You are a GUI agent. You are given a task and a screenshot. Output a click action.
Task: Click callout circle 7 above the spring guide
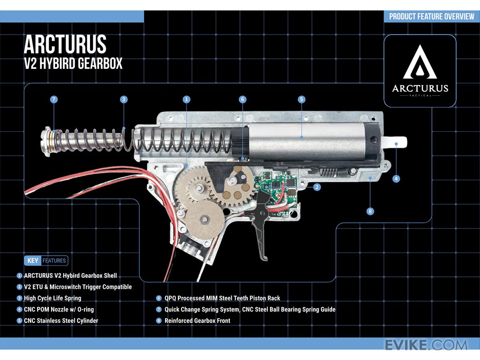pyautogui.click(x=54, y=100)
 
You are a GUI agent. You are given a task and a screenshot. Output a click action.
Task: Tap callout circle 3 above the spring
pyautogui.click(x=124, y=100)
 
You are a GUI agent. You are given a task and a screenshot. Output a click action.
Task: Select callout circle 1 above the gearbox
pyautogui.click(x=186, y=100)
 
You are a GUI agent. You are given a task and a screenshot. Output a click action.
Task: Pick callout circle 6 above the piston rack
pyautogui.click(x=242, y=100)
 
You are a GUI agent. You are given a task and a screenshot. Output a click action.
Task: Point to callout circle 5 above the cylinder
pyautogui.click(x=302, y=100)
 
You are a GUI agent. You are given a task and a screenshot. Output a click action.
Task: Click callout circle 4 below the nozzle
pyautogui.click(x=396, y=178)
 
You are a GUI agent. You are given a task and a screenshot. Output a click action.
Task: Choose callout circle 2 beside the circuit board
pyautogui.click(x=317, y=187)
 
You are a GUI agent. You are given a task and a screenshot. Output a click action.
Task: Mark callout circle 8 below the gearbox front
pyautogui.click(x=370, y=211)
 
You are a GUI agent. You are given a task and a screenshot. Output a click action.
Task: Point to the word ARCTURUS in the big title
pyautogui.click(x=65, y=44)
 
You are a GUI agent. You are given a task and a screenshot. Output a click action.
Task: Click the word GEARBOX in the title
pyautogui.click(x=100, y=63)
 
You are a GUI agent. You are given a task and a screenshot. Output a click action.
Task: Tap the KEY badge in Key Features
pyautogui.click(x=32, y=260)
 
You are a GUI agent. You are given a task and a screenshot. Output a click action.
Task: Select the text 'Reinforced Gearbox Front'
pyautogui.click(x=197, y=321)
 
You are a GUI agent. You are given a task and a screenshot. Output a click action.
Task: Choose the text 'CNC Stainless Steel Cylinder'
pyautogui.click(x=61, y=321)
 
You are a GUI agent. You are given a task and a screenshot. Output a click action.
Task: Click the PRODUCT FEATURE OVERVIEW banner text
pyautogui.click(x=432, y=16)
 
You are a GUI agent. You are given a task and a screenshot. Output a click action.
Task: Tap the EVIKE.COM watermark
pyautogui.click(x=426, y=345)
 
